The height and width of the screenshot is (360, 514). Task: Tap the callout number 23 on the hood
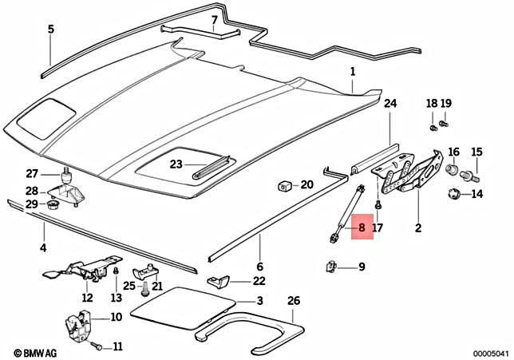coord(176,164)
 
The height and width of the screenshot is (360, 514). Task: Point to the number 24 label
coord(389,104)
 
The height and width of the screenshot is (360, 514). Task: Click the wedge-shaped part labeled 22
coord(220,280)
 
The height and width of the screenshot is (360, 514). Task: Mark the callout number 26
coord(293,301)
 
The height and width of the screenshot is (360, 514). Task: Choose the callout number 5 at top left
coord(50,30)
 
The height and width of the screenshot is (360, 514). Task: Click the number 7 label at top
coord(214,20)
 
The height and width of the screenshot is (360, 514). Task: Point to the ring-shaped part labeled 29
coord(53,205)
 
